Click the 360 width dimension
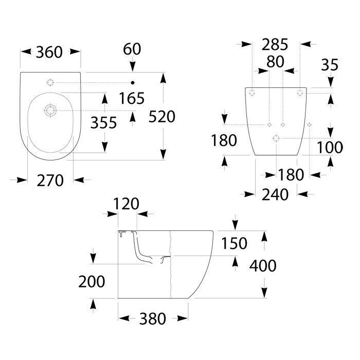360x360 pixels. [x=50, y=52]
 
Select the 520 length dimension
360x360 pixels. [x=163, y=117]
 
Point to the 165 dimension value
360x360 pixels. [x=132, y=98]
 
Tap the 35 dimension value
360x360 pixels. [x=329, y=65]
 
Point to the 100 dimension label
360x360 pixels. [x=329, y=147]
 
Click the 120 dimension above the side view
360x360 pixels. [x=126, y=204]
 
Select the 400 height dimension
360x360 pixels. [x=263, y=265]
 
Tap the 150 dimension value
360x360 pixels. [x=235, y=243]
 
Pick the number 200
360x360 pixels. [x=93, y=281]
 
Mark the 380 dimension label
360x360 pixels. [x=153, y=319]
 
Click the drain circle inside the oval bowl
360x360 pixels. [x=50, y=110]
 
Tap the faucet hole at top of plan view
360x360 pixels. [x=50, y=82]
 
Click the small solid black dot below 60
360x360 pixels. [x=132, y=82]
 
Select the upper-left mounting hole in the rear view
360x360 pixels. [x=252, y=93]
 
